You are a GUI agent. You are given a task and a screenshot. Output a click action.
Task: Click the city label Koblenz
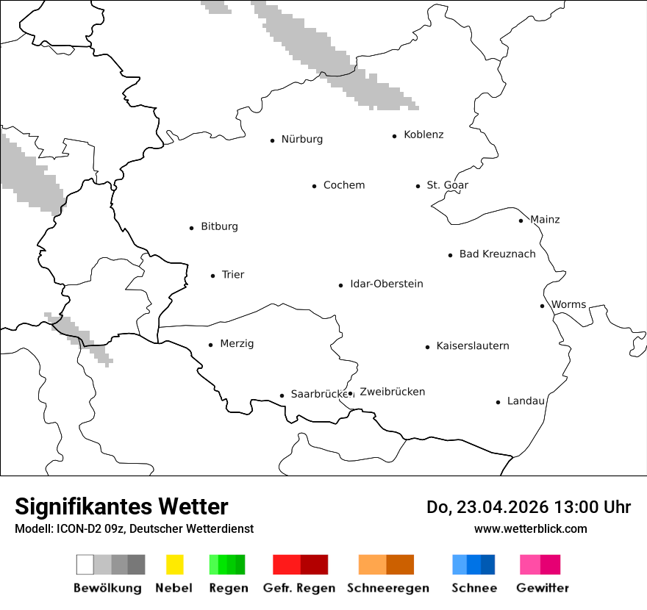423,134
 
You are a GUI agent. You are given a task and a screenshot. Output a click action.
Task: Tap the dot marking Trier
213,276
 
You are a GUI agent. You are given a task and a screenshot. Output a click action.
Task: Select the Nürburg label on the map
301,139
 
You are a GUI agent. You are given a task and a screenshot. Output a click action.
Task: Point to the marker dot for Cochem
314,186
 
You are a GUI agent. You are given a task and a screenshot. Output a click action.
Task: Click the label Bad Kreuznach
497,254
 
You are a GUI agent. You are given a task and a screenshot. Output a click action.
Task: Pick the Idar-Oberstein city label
386,284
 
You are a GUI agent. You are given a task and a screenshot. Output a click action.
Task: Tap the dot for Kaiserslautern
427,347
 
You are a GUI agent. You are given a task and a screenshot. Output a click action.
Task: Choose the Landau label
526,401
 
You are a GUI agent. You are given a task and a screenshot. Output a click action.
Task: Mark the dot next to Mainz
521,220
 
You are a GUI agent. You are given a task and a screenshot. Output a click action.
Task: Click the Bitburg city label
219,226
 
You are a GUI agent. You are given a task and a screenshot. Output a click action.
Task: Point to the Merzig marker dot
210,345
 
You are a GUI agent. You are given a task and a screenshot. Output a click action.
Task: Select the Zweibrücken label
392,392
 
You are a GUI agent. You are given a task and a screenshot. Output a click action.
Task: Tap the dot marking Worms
542,306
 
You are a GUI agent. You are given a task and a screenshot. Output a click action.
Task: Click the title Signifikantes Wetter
121,506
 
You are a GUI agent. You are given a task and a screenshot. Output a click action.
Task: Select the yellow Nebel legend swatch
174,564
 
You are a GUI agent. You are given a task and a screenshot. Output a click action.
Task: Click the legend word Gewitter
542,588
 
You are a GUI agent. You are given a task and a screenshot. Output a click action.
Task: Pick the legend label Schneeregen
387,588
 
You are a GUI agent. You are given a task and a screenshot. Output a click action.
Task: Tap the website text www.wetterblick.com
530,528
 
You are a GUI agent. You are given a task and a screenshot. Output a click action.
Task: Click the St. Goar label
447,185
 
